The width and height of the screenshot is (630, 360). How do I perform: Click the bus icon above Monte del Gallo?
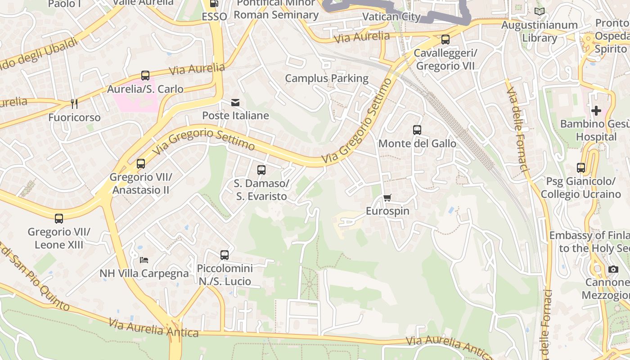click(x=417, y=130)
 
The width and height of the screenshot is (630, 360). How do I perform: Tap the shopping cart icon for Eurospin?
click(x=387, y=198)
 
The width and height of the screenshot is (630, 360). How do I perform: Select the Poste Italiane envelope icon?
click(x=235, y=103)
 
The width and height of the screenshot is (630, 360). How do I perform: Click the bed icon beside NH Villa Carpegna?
click(x=144, y=260)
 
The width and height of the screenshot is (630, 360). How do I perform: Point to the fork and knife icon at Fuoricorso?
click(x=74, y=104)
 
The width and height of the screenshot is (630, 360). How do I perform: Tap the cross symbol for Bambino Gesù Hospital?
click(x=596, y=110)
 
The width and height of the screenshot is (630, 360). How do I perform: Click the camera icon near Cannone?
click(x=613, y=269)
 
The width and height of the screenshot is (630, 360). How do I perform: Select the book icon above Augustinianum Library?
click(x=539, y=11)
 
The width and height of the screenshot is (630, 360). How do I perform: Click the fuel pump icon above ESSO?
click(x=214, y=4)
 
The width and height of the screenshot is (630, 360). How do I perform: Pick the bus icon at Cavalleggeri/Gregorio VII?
click(x=445, y=40)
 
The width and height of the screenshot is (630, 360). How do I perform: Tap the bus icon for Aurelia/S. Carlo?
click(x=145, y=76)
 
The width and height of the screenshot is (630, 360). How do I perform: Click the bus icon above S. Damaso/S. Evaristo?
click(x=261, y=170)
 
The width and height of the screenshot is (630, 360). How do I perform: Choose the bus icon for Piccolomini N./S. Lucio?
click(x=225, y=255)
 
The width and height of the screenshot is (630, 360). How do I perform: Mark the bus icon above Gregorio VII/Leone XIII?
click(x=59, y=219)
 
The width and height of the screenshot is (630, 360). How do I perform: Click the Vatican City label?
click(x=391, y=17)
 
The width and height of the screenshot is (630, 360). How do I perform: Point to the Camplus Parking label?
click(x=327, y=79)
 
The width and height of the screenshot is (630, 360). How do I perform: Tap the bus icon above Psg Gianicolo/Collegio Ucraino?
click(x=581, y=168)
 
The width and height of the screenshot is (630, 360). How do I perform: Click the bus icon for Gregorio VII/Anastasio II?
click(x=141, y=163)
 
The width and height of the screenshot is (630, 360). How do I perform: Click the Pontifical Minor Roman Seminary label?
click(x=276, y=9)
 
